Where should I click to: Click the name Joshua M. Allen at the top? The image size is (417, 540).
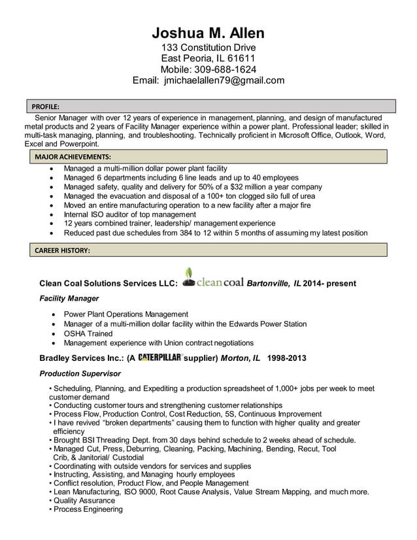tap(208, 33)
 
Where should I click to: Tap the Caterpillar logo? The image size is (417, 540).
tap(159, 358)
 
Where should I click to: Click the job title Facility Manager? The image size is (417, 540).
tap(69, 298)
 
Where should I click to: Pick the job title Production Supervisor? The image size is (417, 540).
tap(80, 373)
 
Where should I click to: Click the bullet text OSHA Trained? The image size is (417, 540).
tap(88, 333)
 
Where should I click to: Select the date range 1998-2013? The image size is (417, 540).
tap(286, 358)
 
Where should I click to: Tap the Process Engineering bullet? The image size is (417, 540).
tap(88, 510)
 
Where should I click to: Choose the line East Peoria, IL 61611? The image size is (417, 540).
tap(208, 58)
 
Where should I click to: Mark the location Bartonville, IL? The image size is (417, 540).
tap(274, 283)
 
